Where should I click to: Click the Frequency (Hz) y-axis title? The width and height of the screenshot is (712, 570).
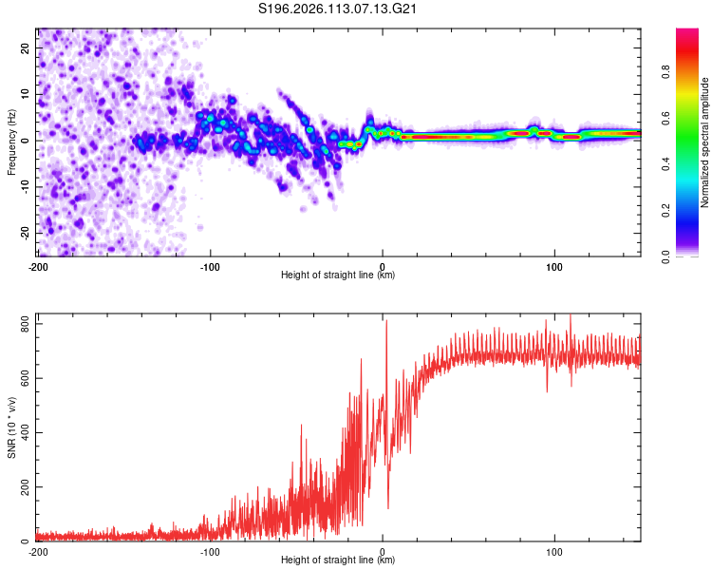[11, 142]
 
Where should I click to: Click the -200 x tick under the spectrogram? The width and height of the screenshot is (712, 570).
[38, 265]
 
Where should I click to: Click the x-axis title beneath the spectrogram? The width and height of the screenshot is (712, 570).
[338, 275]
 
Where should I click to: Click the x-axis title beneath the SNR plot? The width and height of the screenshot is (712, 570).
[338, 560]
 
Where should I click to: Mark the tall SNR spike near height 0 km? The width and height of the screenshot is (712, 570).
[386, 323]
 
